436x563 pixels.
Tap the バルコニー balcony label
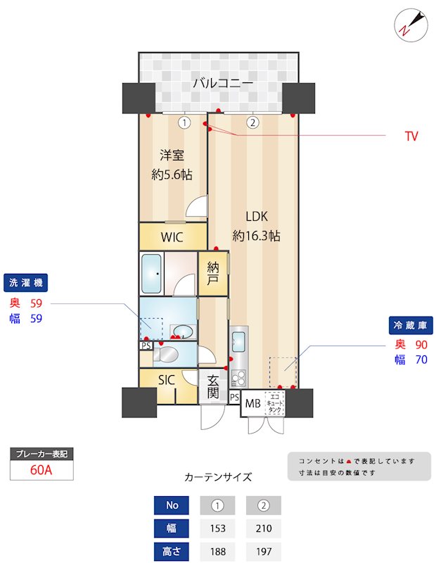tap(223, 84)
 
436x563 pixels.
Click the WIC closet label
tap(172, 237)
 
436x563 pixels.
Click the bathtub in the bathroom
tap(153, 273)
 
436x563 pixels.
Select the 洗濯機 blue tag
tap(26, 283)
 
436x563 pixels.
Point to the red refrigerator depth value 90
tap(421, 345)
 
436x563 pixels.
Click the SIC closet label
tap(166, 380)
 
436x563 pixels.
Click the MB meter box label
tap(252, 405)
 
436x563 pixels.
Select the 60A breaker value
tap(41, 470)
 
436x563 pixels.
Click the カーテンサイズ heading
tap(218, 477)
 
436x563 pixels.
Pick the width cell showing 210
tap(263, 529)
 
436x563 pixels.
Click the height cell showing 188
tap(218, 552)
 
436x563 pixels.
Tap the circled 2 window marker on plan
tap(253, 122)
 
